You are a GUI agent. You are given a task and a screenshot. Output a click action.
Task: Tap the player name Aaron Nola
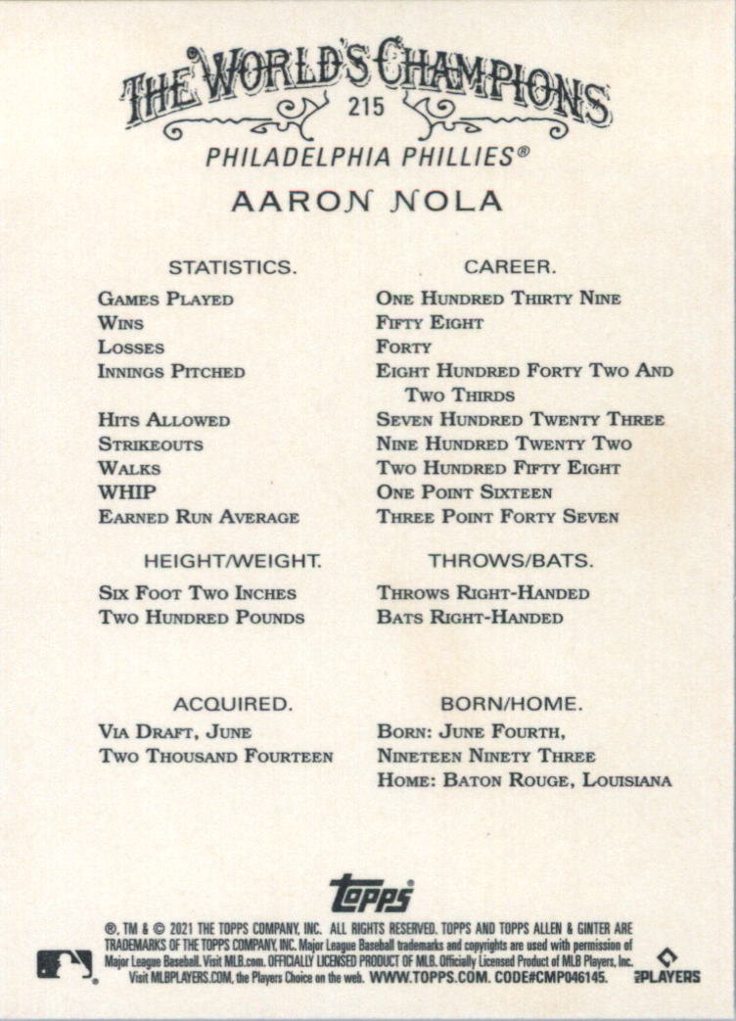[x=367, y=202]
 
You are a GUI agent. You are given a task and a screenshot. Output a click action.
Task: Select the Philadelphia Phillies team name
[x=367, y=157]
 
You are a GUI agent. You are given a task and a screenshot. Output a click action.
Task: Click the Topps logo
[x=371, y=893]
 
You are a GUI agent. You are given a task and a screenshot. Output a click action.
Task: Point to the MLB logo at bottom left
[x=65, y=964]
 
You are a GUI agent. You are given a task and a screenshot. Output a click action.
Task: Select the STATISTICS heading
[x=232, y=266]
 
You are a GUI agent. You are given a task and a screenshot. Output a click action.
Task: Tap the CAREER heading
[x=510, y=266]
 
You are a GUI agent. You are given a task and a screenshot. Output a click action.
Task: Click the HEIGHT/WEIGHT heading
[x=233, y=561]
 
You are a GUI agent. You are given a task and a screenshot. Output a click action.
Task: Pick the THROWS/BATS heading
[x=510, y=561]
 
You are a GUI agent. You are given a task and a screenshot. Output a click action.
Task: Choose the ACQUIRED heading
[x=233, y=704]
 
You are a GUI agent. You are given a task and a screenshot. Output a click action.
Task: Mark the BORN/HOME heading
[x=511, y=704]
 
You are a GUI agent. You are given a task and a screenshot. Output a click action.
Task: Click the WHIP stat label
[x=126, y=492]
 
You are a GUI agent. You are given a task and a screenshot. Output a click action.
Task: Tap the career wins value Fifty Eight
[x=430, y=323]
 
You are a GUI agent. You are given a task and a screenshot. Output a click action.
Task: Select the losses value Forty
[x=403, y=348]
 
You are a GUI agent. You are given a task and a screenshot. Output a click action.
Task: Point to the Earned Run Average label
[x=199, y=517]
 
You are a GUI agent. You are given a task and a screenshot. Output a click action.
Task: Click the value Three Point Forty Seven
[x=497, y=517]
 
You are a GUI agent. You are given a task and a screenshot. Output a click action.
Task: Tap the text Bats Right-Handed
[x=470, y=618]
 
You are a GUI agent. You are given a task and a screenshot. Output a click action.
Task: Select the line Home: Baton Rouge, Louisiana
[x=524, y=781]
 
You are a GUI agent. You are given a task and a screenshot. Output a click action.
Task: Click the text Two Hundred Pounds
[x=202, y=618]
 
